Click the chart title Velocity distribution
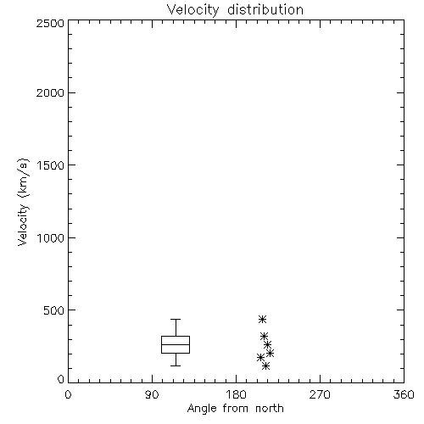pos(235,9)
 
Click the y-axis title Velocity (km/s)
pos(23,203)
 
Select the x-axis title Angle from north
pos(235,409)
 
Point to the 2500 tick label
pos(50,23)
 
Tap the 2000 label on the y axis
pos(50,92)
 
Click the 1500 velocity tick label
pos(51,165)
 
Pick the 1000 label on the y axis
pos(51,238)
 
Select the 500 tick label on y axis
pos(54,310)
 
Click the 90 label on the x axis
pos(152,394)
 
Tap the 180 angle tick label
pos(236,394)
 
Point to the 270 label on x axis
pos(320,394)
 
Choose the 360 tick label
pos(404,394)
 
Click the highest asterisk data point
pos(263,320)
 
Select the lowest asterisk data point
pos(265,366)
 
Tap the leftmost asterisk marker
pos(260,358)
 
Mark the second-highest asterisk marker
pos(264,337)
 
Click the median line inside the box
pos(176,344)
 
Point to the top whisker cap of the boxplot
pos(176,320)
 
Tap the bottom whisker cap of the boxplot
pos(176,365)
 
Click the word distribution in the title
pos(265,9)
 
